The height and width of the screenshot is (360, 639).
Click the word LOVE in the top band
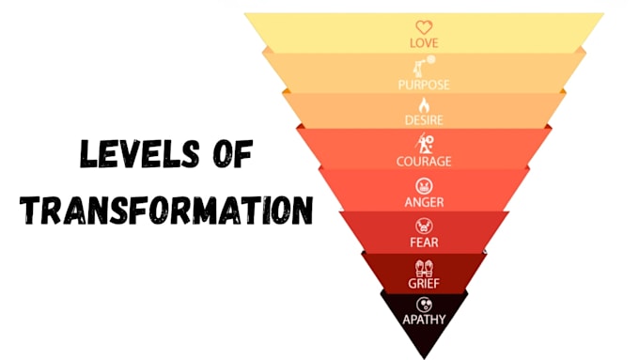coord(424,43)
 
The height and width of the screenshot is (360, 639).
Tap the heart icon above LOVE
coord(424,27)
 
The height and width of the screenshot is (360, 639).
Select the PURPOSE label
coord(424,85)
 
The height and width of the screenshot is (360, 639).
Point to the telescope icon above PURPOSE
coord(424,67)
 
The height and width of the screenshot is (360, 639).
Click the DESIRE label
coord(424,120)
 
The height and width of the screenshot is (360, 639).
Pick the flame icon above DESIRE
coord(424,105)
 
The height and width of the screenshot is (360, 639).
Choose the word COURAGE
coord(424,162)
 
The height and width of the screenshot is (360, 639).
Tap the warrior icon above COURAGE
coord(424,143)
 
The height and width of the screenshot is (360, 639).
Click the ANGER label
coord(424,202)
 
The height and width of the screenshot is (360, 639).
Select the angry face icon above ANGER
coord(424,186)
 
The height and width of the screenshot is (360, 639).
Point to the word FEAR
coord(424,243)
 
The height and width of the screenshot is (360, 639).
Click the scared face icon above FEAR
coord(424,226)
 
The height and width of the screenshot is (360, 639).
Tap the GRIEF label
coord(424,283)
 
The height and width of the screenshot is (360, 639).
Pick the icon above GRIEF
coord(424,268)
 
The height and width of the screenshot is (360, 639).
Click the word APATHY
coord(424,320)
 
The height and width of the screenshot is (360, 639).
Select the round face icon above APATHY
coord(424,305)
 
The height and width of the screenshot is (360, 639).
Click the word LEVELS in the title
coord(140,154)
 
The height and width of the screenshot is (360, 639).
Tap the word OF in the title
coord(233,154)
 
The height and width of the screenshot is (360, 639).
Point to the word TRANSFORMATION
coord(166,210)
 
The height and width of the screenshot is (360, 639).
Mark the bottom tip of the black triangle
coord(424,359)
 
